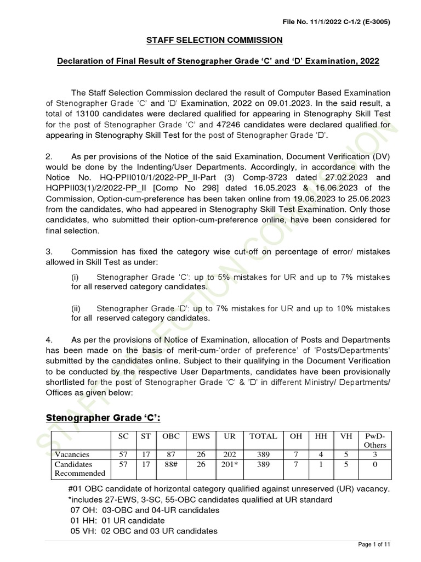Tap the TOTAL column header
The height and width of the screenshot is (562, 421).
(x=263, y=436)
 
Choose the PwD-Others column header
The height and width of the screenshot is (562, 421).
(x=376, y=441)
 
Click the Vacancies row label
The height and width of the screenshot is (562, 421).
(x=71, y=454)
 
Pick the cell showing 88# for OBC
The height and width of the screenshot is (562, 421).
(x=168, y=464)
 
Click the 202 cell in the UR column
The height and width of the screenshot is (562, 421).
(x=229, y=454)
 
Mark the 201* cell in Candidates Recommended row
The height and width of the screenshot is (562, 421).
(x=229, y=464)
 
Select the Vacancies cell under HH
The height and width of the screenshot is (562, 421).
(x=321, y=454)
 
